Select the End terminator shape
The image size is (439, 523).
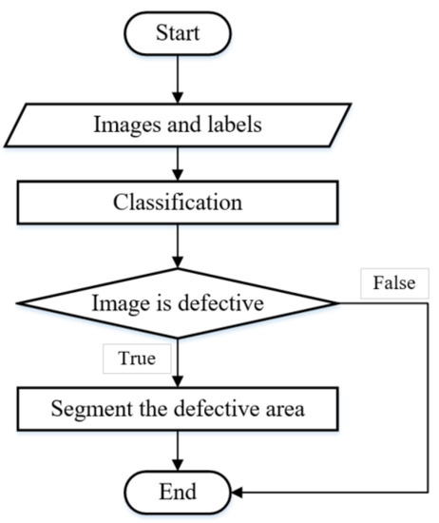point(177,493)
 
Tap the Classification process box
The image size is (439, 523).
point(177,203)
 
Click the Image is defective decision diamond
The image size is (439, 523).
point(177,304)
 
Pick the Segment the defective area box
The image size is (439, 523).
point(177,411)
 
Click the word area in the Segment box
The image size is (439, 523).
point(284,411)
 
